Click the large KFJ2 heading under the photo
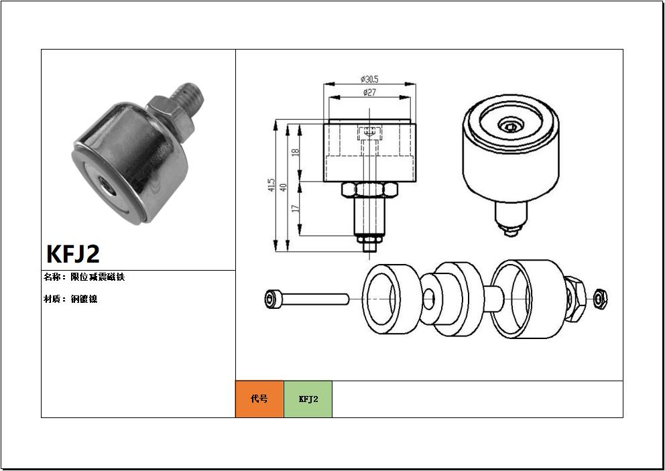pos(73,254)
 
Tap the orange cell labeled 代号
pos(259,399)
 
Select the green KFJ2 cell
pos(308,399)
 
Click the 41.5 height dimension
pos(271,186)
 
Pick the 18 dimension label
pos(295,152)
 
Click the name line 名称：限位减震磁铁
pos(84,277)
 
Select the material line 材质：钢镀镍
pos(70,299)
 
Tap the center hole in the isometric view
pos(511,127)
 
